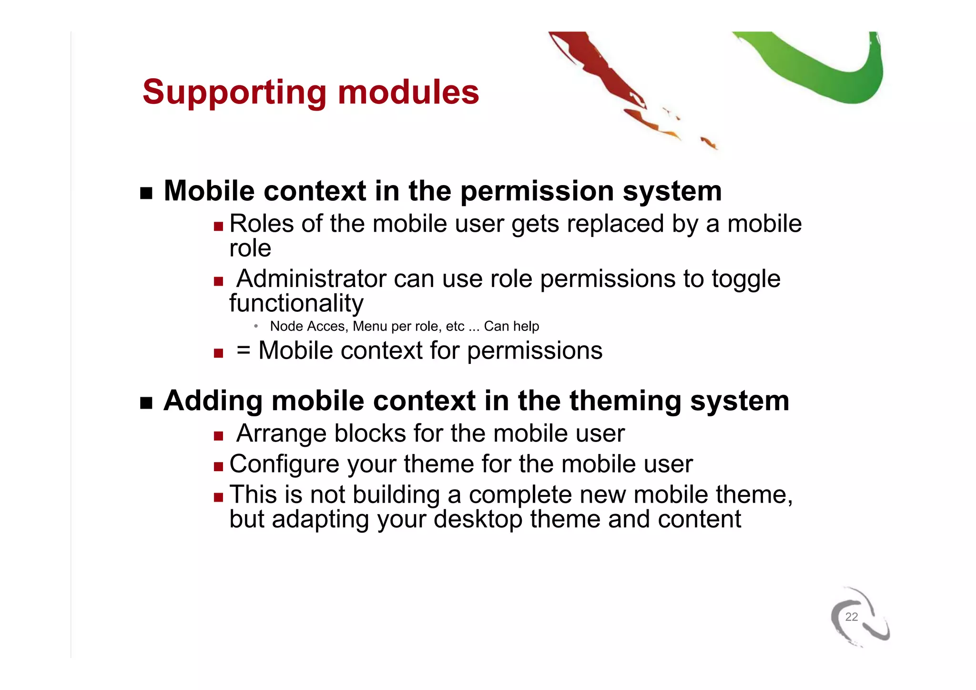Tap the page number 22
point(851,617)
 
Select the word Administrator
point(311,279)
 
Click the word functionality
point(296,303)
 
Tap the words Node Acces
point(307,327)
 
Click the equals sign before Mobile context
point(243,350)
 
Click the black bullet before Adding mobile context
point(146,403)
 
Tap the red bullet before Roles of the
point(218,226)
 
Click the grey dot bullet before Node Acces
point(256,326)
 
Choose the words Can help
point(511,327)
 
